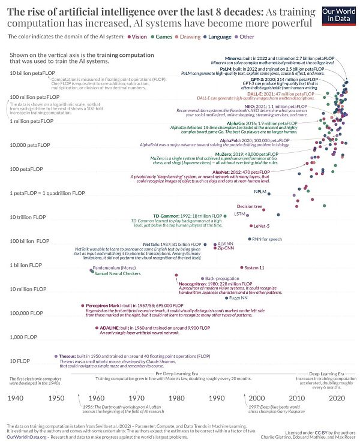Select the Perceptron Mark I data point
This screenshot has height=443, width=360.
pos(82,306)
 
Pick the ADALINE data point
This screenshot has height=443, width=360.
pos(96,328)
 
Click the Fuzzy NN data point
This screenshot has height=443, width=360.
pos(227,297)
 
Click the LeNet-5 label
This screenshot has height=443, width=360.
pos(260,226)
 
